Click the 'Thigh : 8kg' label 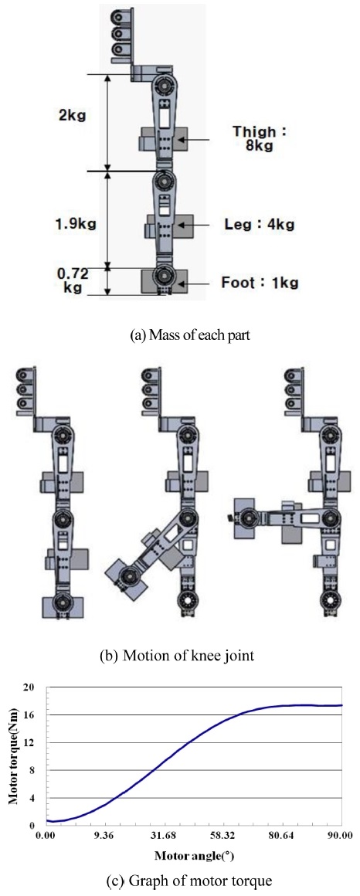pyautogui.click(x=259, y=139)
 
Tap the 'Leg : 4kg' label pyautogui.click(x=260, y=225)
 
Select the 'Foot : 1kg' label pyautogui.click(x=260, y=282)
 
